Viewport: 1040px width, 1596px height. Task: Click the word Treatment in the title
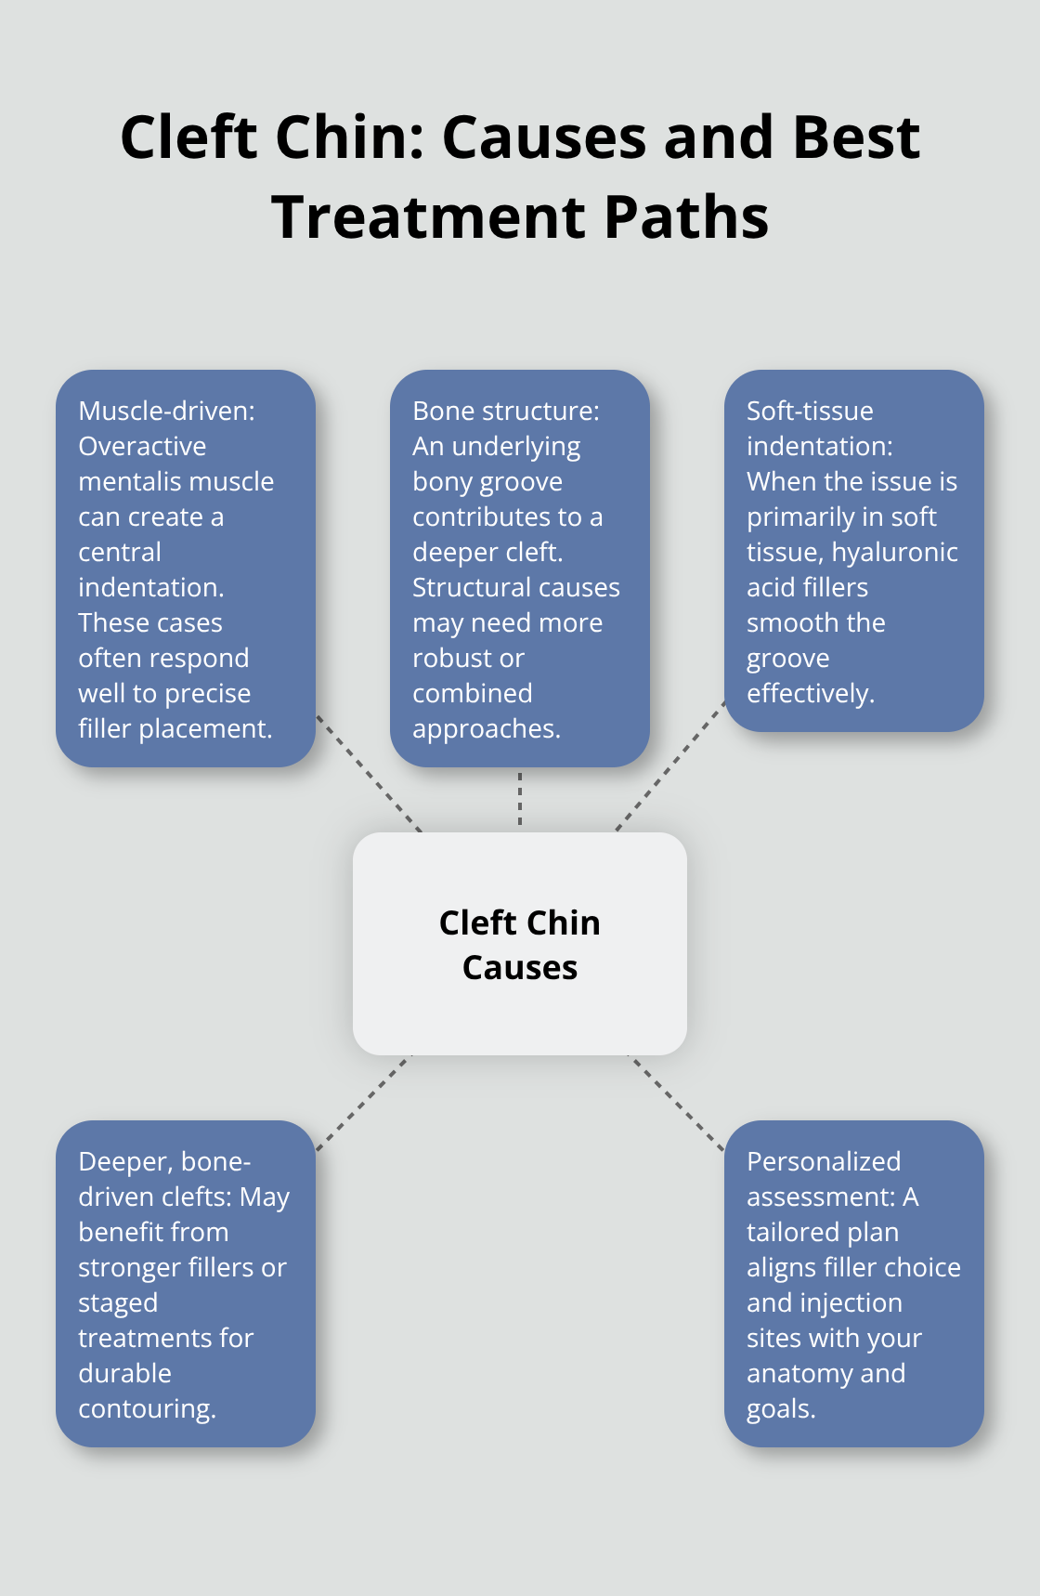point(430,217)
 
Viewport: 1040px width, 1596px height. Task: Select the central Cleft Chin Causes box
point(520,943)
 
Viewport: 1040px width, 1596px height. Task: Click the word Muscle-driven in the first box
point(165,411)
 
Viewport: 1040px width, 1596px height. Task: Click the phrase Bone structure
point(504,411)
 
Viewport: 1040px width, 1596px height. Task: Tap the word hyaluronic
point(894,552)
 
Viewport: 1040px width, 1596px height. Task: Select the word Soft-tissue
point(810,411)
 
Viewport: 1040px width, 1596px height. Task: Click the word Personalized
point(824,1161)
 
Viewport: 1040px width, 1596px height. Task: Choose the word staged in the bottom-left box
point(118,1302)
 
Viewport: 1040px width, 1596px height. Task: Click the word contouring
point(146,1408)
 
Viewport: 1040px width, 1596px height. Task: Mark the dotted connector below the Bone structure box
point(520,799)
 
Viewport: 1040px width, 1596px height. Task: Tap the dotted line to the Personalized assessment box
point(678,1104)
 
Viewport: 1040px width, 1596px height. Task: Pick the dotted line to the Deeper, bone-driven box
point(362,1104)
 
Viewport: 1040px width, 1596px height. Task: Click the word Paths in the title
point(686,217)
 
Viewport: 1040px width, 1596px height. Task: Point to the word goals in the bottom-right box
point(779,1408)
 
